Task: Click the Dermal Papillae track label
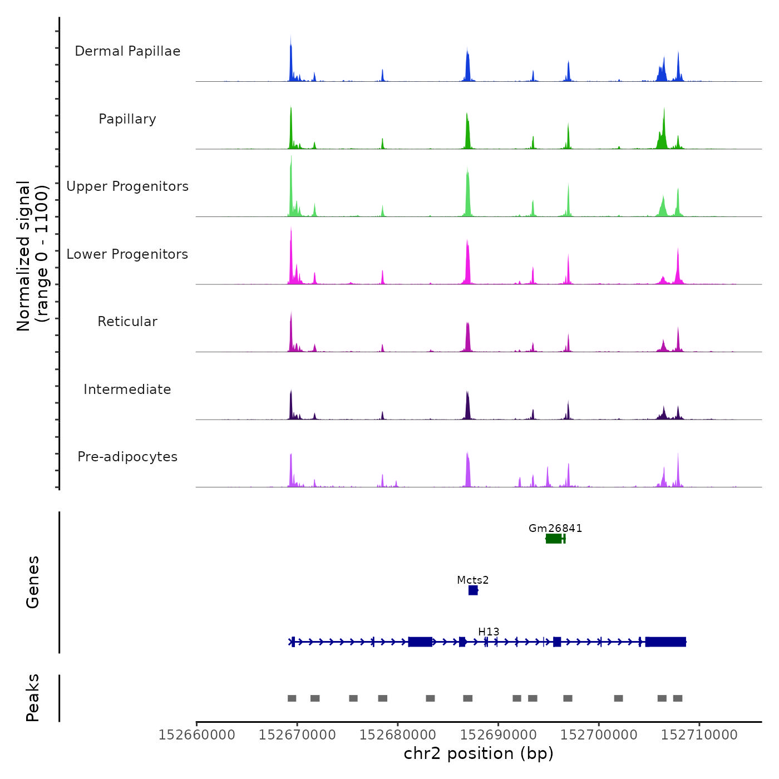click(x=127, y=51)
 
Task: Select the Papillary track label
click(x=127, y=119)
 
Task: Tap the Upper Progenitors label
click(x=127, y=186)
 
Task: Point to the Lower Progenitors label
click(x=127, y=254)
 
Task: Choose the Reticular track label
click(x=127, y=322)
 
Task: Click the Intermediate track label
click(x=127, y=389)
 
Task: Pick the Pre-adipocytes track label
click(x=127, y=457)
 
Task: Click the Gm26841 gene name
click(x=555, y=528)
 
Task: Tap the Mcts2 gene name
click(x=473, y=580)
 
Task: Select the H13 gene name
click(x=489, y=632)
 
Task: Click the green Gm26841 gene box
click(x=554, y=539)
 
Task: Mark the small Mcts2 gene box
click(x=473, y=590)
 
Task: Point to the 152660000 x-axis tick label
click(x=196, y=734)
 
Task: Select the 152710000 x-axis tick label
click(x=699, y=734)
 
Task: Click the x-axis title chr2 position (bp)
click(x=479, y=753)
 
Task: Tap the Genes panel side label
click(x=33, y=582)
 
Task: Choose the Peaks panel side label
click(x=33, y=698)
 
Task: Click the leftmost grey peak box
click(x=292, y=698)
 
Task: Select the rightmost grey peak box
click(x=678, y=698)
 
